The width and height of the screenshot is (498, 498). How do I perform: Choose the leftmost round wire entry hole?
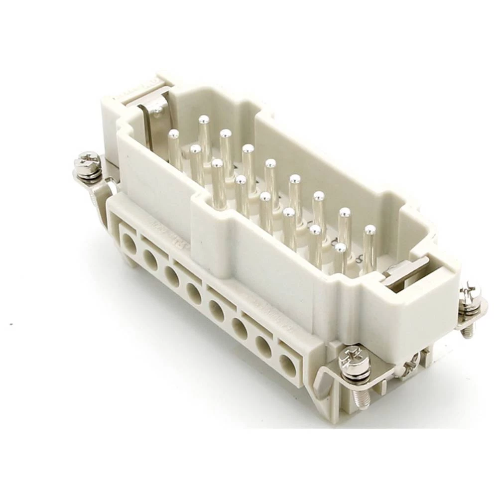129,245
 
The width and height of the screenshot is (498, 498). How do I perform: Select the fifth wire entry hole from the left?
217,311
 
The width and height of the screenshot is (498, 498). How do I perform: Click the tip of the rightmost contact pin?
370,230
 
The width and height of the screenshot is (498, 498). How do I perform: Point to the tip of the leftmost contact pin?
173,133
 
